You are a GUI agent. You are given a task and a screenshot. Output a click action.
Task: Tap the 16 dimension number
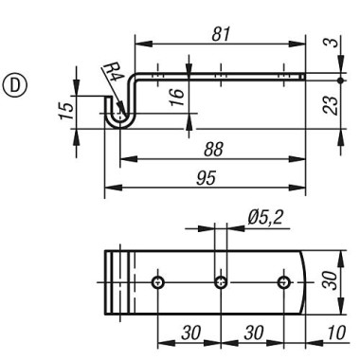coord(178,95)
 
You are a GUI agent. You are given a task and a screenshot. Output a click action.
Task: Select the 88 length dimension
coord(214,149)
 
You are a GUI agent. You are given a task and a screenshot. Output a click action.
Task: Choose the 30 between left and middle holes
coord(189,333)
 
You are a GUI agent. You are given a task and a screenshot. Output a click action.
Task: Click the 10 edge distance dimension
coord(333,333)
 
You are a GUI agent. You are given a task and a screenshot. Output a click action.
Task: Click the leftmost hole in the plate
coord(158,282)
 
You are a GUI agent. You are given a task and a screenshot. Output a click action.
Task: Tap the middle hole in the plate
coord(221,282)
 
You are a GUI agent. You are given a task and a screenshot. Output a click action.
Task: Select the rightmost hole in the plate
coord(283,282)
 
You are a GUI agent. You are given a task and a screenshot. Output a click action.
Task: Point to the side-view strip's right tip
coord(303,77)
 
